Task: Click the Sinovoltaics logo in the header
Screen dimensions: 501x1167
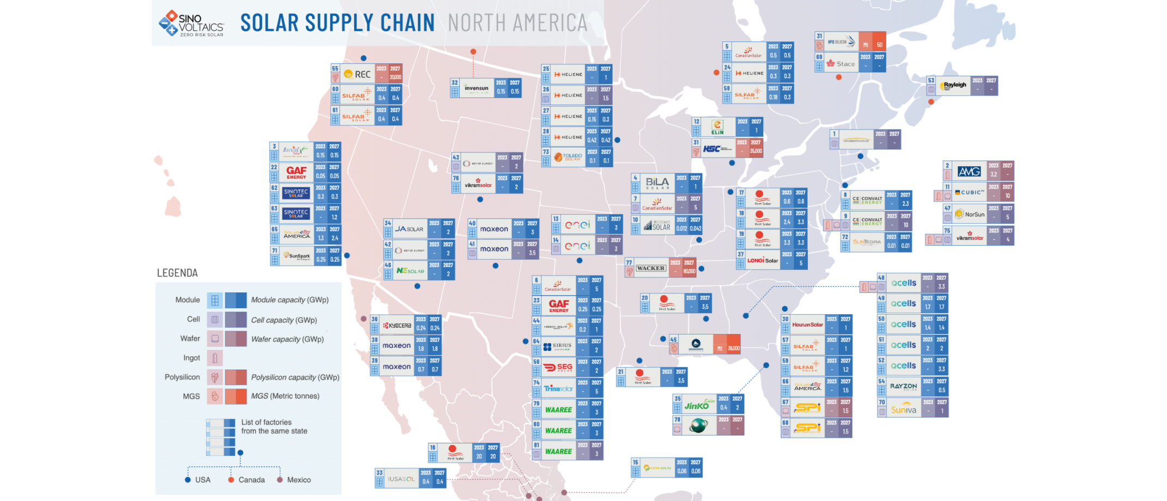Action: [191, 24]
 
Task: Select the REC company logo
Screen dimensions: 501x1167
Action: [358, 74]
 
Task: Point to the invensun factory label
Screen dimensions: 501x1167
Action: [476, 88]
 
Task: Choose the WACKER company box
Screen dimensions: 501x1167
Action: [650, 268]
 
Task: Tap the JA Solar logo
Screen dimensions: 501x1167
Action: [409, 229]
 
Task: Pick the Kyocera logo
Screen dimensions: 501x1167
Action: [397, 326]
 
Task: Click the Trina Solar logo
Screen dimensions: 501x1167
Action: [558, 389]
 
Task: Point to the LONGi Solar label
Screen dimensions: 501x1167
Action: [763, 260]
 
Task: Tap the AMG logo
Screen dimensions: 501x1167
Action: [969, 172]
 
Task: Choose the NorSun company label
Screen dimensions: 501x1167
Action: [970, 214]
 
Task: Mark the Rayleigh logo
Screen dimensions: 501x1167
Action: [953, 86]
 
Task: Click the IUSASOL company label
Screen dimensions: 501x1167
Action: [401, 479]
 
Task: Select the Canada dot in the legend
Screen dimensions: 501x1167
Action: [231, 480]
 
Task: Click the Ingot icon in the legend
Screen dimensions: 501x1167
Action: [215, 358]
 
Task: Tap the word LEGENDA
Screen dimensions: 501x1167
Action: [177, 273]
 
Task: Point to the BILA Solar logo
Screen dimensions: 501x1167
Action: [657, 184]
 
